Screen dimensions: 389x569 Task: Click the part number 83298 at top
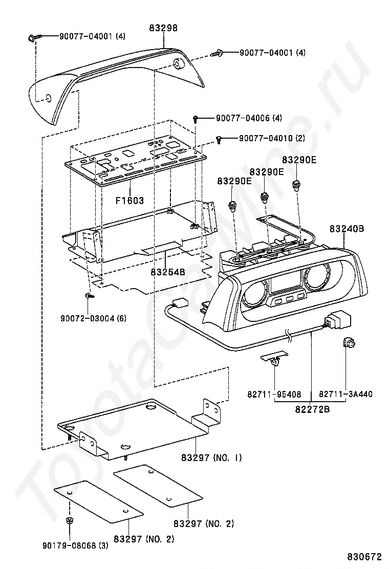coord(163,28)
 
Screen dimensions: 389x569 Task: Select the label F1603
coord(130,200)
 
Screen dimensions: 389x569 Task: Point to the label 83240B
coord(347,229)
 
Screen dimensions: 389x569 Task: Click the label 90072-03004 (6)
coord(94,318)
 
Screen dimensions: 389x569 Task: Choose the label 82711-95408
coord(274,394)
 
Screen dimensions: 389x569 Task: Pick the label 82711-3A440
coord(346,394)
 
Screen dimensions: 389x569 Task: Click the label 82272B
coord(312,409)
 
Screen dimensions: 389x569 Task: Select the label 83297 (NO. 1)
coord(211,457)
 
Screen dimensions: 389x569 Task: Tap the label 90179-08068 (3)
coord(75,545)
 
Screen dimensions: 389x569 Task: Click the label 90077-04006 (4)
coord(249,118)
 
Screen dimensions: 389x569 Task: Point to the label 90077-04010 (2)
coord(272,138)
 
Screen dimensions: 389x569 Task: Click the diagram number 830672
coord(364,557)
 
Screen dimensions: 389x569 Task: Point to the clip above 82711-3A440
coord(348,342)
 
